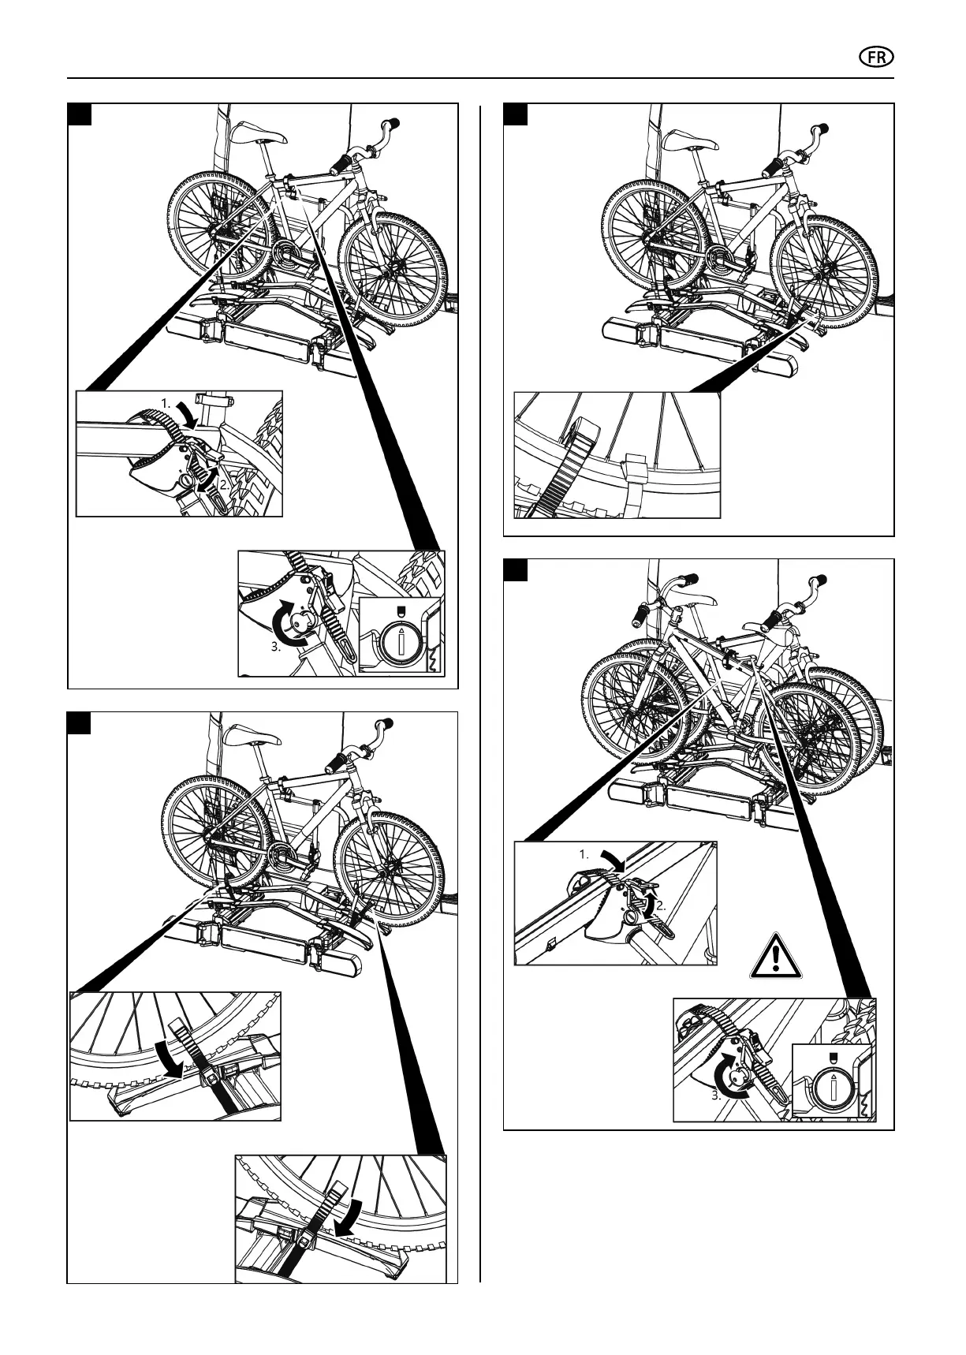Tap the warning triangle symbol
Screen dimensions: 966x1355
click(x=776, y=957)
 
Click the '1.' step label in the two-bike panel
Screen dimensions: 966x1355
click(x=584, y=854)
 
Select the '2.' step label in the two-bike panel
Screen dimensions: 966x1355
click(x=661, y=906)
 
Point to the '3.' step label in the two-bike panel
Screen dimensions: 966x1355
click(x=717, y=1095)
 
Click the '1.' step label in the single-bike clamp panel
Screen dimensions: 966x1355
click(x=166, y=403)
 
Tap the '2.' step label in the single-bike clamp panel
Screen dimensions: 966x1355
click(x=225, y=487)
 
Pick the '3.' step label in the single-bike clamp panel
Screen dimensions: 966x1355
click(x=276, y=648)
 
